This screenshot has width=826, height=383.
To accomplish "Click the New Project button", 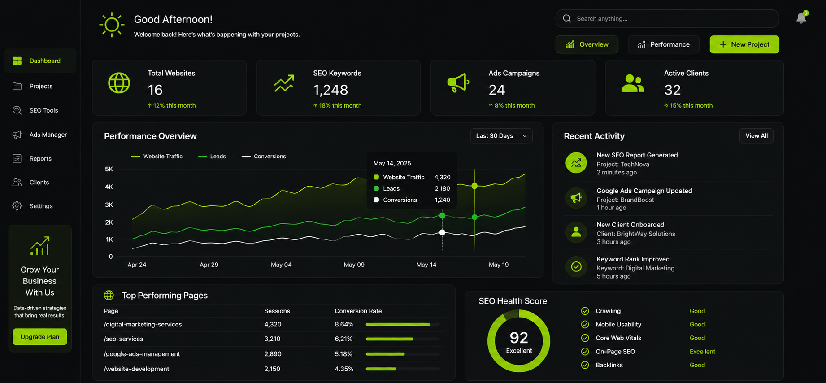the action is click(744, 44).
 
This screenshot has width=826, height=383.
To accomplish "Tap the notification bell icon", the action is click(801, 17).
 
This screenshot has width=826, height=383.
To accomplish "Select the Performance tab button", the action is click(663, 44).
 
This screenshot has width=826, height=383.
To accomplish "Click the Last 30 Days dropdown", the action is click(501, 136).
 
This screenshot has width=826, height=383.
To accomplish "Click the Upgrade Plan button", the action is click(40, 337).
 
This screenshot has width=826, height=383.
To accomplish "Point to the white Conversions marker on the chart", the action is click(442, 232).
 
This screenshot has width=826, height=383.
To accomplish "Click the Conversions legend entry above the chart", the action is click(264, 157).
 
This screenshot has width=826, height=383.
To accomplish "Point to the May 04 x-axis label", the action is click(281, 265).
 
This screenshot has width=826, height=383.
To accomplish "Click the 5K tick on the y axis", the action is click(109, 169).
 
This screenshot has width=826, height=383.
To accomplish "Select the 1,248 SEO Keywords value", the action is click(330, 90).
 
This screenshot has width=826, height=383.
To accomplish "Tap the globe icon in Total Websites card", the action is click(119, 83).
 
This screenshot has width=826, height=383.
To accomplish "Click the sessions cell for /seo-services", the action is click(272, 339).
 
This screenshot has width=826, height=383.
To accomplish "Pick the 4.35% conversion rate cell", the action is click(344, 369).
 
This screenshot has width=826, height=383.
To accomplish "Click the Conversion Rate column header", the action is click(358, 311).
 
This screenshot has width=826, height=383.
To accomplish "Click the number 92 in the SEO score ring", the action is click(519, 338).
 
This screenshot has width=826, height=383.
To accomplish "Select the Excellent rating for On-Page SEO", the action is click(702, 352).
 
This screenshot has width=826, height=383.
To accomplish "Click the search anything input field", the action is click(667, 19).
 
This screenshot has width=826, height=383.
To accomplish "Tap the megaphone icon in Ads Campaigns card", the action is click(458, 83).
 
